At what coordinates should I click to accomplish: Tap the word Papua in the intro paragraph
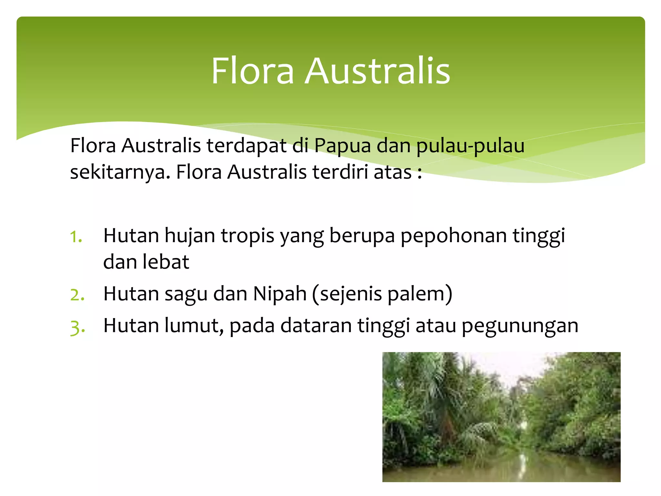(342, 146)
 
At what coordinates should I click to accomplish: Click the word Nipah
(280, 294)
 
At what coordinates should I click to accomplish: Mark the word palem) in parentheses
(420, 294)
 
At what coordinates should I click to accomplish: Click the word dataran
(316, 325)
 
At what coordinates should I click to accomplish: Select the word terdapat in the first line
(246, 146)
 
